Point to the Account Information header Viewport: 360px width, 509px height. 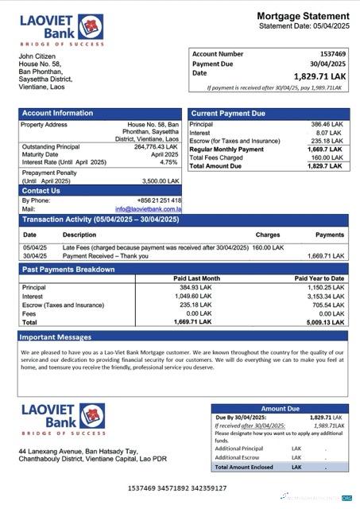click(x=52, y=114)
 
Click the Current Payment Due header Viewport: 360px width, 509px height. click(x=228, y=114)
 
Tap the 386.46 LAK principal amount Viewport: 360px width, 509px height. click(x=327, y=125)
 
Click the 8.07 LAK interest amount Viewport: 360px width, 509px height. click(x=332, y=134)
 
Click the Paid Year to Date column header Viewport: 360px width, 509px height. click(x=319, y=278)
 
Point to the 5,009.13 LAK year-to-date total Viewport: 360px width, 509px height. click(x=323, y=322)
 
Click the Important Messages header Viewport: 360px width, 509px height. click(x=56, y=337)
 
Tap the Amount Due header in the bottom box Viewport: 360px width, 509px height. click(x=280, y=408)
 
